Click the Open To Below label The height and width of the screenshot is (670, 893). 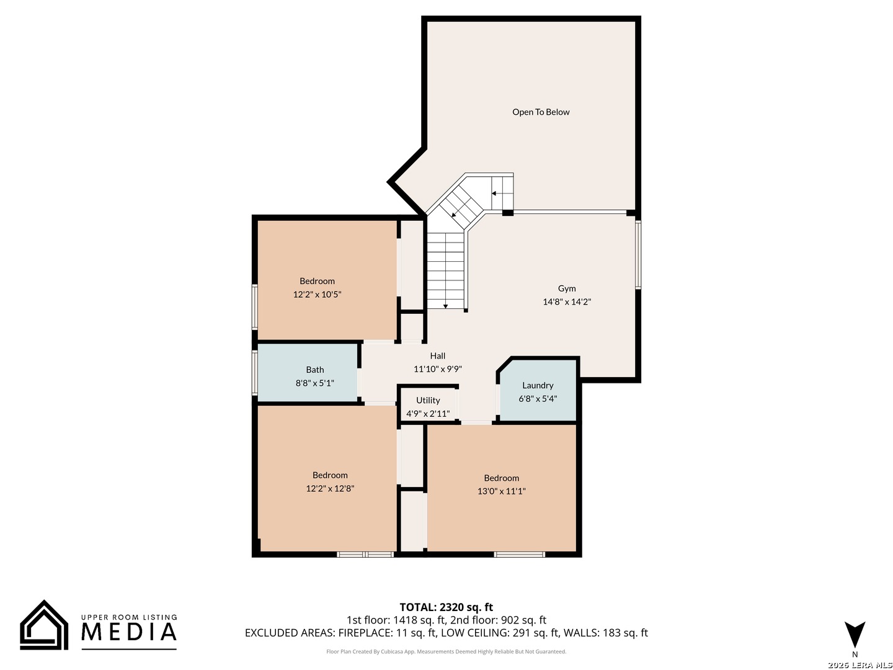pyautogui.click(x=540, y=112)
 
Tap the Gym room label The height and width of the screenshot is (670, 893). pyautogui.click(x=566, y=288)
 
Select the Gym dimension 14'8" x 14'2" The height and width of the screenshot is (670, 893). pyautogui.click(x=566, y=302)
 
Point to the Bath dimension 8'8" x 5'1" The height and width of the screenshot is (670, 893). pyautogui.click(x=314, y=383)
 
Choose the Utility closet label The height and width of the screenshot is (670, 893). pyautogui.click(x=427, y=400)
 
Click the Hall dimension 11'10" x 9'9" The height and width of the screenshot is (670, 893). pyautogui.click(x=437, y=369)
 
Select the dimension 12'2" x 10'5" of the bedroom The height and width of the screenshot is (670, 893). pyautogui.click(x=317, y=295)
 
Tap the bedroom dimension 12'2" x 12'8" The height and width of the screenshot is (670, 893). pyautogui.click(x=330, y=489)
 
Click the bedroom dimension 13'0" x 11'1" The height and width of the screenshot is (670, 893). pyautogui.click(x=501, y=491)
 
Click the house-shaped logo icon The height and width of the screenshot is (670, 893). pyautogui.click(x=44, y=625)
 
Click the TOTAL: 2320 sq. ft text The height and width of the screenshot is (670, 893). pyautogui.click(x=446, y=607)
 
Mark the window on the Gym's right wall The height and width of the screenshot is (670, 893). pyautogui.click(x=638, y=255)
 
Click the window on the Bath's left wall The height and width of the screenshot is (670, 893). pyautogui.click(x=255, y=373)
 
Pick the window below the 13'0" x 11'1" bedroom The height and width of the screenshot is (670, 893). pyautogui.click(x=519, y=554)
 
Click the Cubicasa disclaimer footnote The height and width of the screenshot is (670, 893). pyautogui.click(x=446, y=651)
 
